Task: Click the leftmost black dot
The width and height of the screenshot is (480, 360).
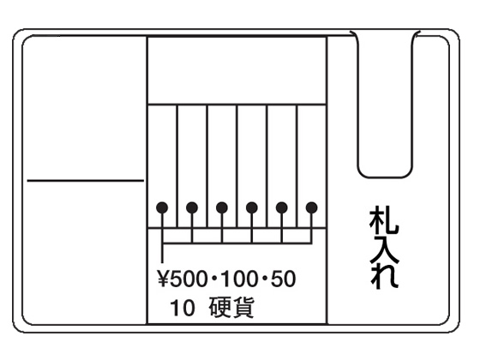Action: pyautogui.click(x=162, y=207)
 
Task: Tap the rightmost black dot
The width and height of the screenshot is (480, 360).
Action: pyautogui.click(x=312, y=207)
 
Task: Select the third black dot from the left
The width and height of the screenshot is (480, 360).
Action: pyautogui.click(x=222, y=207)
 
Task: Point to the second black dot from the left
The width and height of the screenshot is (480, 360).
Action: pyautogui.click(x=192, y=207)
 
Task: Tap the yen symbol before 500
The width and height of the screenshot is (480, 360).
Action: pyautogui.click(x=163, y=279)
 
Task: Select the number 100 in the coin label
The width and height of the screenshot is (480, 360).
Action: pyautogui.click(x=238, y=279)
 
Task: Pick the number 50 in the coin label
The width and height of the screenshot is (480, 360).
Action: pyautogui.click(x=283, y=279)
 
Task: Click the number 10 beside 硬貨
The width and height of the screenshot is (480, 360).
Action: pyautogui.click(x=182, y=308)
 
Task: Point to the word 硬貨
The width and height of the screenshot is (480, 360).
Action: pyautogui.click(x=231, y=308)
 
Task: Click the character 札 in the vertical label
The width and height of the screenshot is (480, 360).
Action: pyautogui.click(x=384, y=221)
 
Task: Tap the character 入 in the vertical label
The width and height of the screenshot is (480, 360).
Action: pyautogui.click(x=384, y=249)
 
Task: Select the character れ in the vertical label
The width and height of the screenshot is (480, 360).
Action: pyautogui.click(x=384, y=276)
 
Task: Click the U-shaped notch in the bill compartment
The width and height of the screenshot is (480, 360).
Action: pyautogui.click(x=385, y=177)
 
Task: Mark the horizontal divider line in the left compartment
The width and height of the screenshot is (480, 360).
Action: pyautogui.click(x=86, y=181)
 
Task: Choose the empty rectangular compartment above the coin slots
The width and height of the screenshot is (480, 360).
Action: pyautogui.click(x=237, y=70)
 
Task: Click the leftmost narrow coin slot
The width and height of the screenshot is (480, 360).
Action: pyautogui.click(x=162, y=166)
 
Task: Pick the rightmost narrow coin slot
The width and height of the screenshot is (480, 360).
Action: pyautogui.click(x=312, y=166)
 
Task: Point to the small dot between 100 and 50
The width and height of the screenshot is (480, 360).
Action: pyautogui.click(x=264, y=279)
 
